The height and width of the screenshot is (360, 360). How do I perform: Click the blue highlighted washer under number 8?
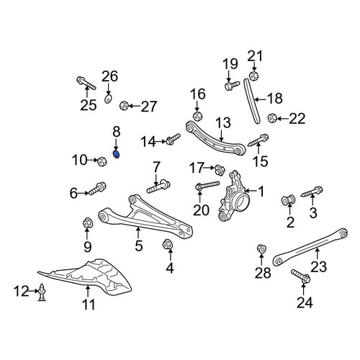(116, 155)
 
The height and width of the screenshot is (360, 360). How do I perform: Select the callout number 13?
(223, 122)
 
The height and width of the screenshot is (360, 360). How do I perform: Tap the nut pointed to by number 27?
(123, 105)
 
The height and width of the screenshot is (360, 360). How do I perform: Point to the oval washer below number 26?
(108, 99)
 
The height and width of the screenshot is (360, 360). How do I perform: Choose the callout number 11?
(89, 305)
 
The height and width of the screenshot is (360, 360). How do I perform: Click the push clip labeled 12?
(42, 292)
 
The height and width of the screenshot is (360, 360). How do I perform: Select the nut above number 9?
(88, 223)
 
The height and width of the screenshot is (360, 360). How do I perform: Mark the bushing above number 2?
(288, 200)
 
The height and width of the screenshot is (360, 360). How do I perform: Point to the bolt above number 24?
(301, 276)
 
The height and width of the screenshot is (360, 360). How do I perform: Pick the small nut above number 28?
(261, 248)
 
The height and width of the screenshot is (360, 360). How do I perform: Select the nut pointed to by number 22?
(271, 118)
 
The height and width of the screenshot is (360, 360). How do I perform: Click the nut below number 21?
(253, 76)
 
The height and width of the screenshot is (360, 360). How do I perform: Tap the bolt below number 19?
(232, 86)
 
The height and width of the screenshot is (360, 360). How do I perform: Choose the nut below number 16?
(197, 116)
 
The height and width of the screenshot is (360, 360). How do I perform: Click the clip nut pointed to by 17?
(220, 170)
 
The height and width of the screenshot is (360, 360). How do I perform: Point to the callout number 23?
(319, 266)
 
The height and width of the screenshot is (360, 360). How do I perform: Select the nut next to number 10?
(102, 161)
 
